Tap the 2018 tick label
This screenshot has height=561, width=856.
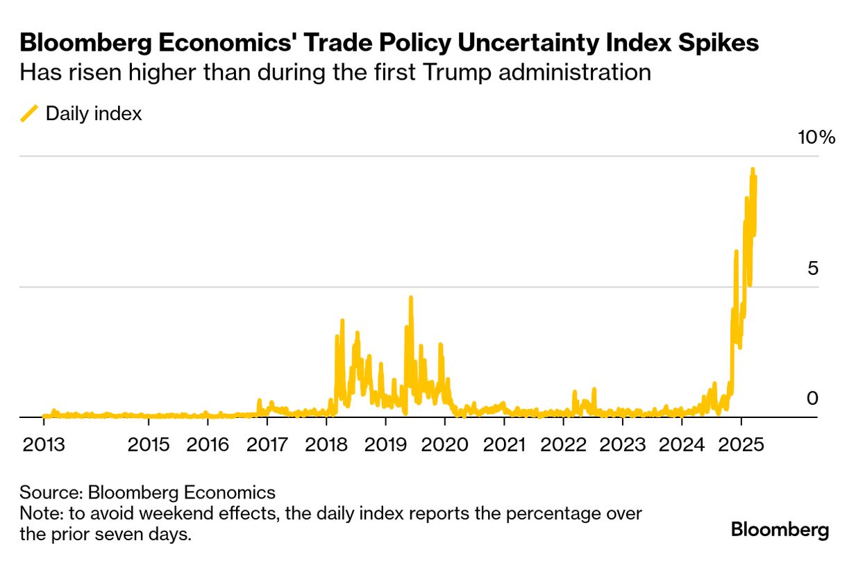tap(326, 444)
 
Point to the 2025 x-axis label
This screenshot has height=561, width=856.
tap(741, 444)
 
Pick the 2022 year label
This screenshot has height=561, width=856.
tap(563, 444)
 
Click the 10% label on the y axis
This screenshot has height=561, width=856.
tap(816, 137)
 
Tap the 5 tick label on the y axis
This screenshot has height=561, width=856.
tap(813, 268)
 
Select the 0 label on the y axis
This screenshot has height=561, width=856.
tap(813, 399)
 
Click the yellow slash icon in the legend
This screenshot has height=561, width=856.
tap(29, 114)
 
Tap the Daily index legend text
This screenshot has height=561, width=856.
tap(94, 114)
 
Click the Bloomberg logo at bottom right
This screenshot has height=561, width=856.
tap(780, 530)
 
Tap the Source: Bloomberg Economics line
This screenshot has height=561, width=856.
tap(147, 493)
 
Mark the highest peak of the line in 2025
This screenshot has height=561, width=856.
tap(752, 169)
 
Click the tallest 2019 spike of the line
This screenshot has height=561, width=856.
tap(411, 298)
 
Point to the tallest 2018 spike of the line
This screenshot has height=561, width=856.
tap(342, 321)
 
